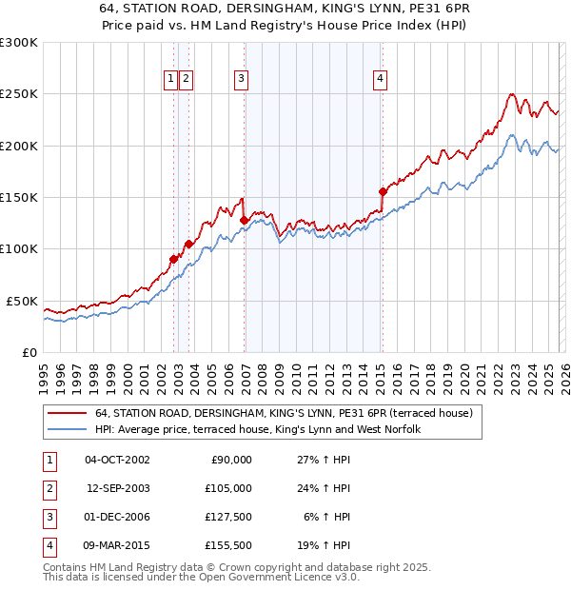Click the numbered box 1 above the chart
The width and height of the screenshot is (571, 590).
[170, 79]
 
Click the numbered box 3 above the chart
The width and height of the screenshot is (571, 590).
[242, 79]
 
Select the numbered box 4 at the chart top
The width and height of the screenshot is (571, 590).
[380, 79]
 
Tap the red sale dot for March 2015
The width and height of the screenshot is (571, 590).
[383, 191]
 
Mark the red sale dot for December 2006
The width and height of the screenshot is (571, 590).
[244, 220]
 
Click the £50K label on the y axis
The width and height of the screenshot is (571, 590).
[22, 301]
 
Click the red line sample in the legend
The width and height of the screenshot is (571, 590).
[68, 414]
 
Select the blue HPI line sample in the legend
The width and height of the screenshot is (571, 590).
[68, 429]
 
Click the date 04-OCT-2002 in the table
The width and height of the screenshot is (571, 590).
[117, 460]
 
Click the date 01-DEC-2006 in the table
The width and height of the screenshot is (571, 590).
[117, 517]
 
